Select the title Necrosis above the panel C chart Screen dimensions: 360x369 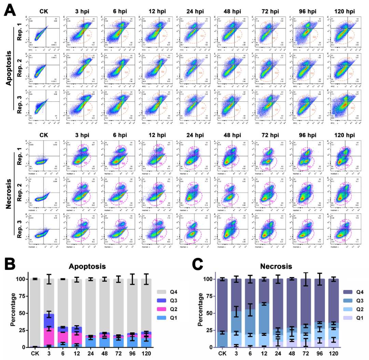pos(280,266)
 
